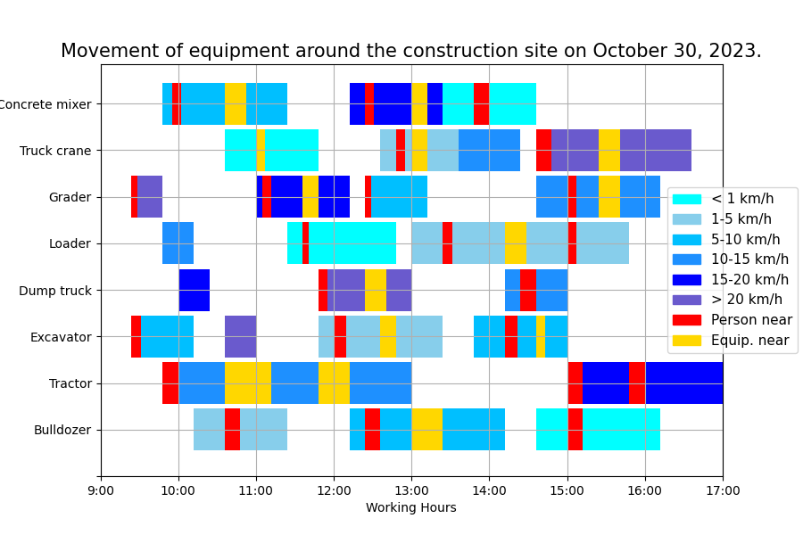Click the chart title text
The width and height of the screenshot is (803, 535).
410,51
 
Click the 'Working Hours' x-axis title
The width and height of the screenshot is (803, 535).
410,507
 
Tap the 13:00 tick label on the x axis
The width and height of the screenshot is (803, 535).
411,490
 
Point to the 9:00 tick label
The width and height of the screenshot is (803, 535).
101,490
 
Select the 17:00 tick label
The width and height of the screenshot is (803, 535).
722,490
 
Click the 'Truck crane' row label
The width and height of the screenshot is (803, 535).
55,151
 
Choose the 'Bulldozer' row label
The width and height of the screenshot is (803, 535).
62,430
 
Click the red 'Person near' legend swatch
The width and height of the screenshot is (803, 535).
687,320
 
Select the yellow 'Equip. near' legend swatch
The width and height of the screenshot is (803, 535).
687,340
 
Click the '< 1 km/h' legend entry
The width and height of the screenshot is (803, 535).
741,199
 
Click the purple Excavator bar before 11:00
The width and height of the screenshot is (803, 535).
240,337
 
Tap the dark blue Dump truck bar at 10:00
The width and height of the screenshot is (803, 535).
194,291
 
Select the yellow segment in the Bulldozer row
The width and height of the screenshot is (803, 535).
426,430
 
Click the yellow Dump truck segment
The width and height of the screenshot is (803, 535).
376,291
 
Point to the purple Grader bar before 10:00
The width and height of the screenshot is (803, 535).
150,197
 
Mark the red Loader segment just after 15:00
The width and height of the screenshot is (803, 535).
572,243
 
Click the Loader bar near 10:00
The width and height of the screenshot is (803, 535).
178,243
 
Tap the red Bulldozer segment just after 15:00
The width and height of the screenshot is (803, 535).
575,430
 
